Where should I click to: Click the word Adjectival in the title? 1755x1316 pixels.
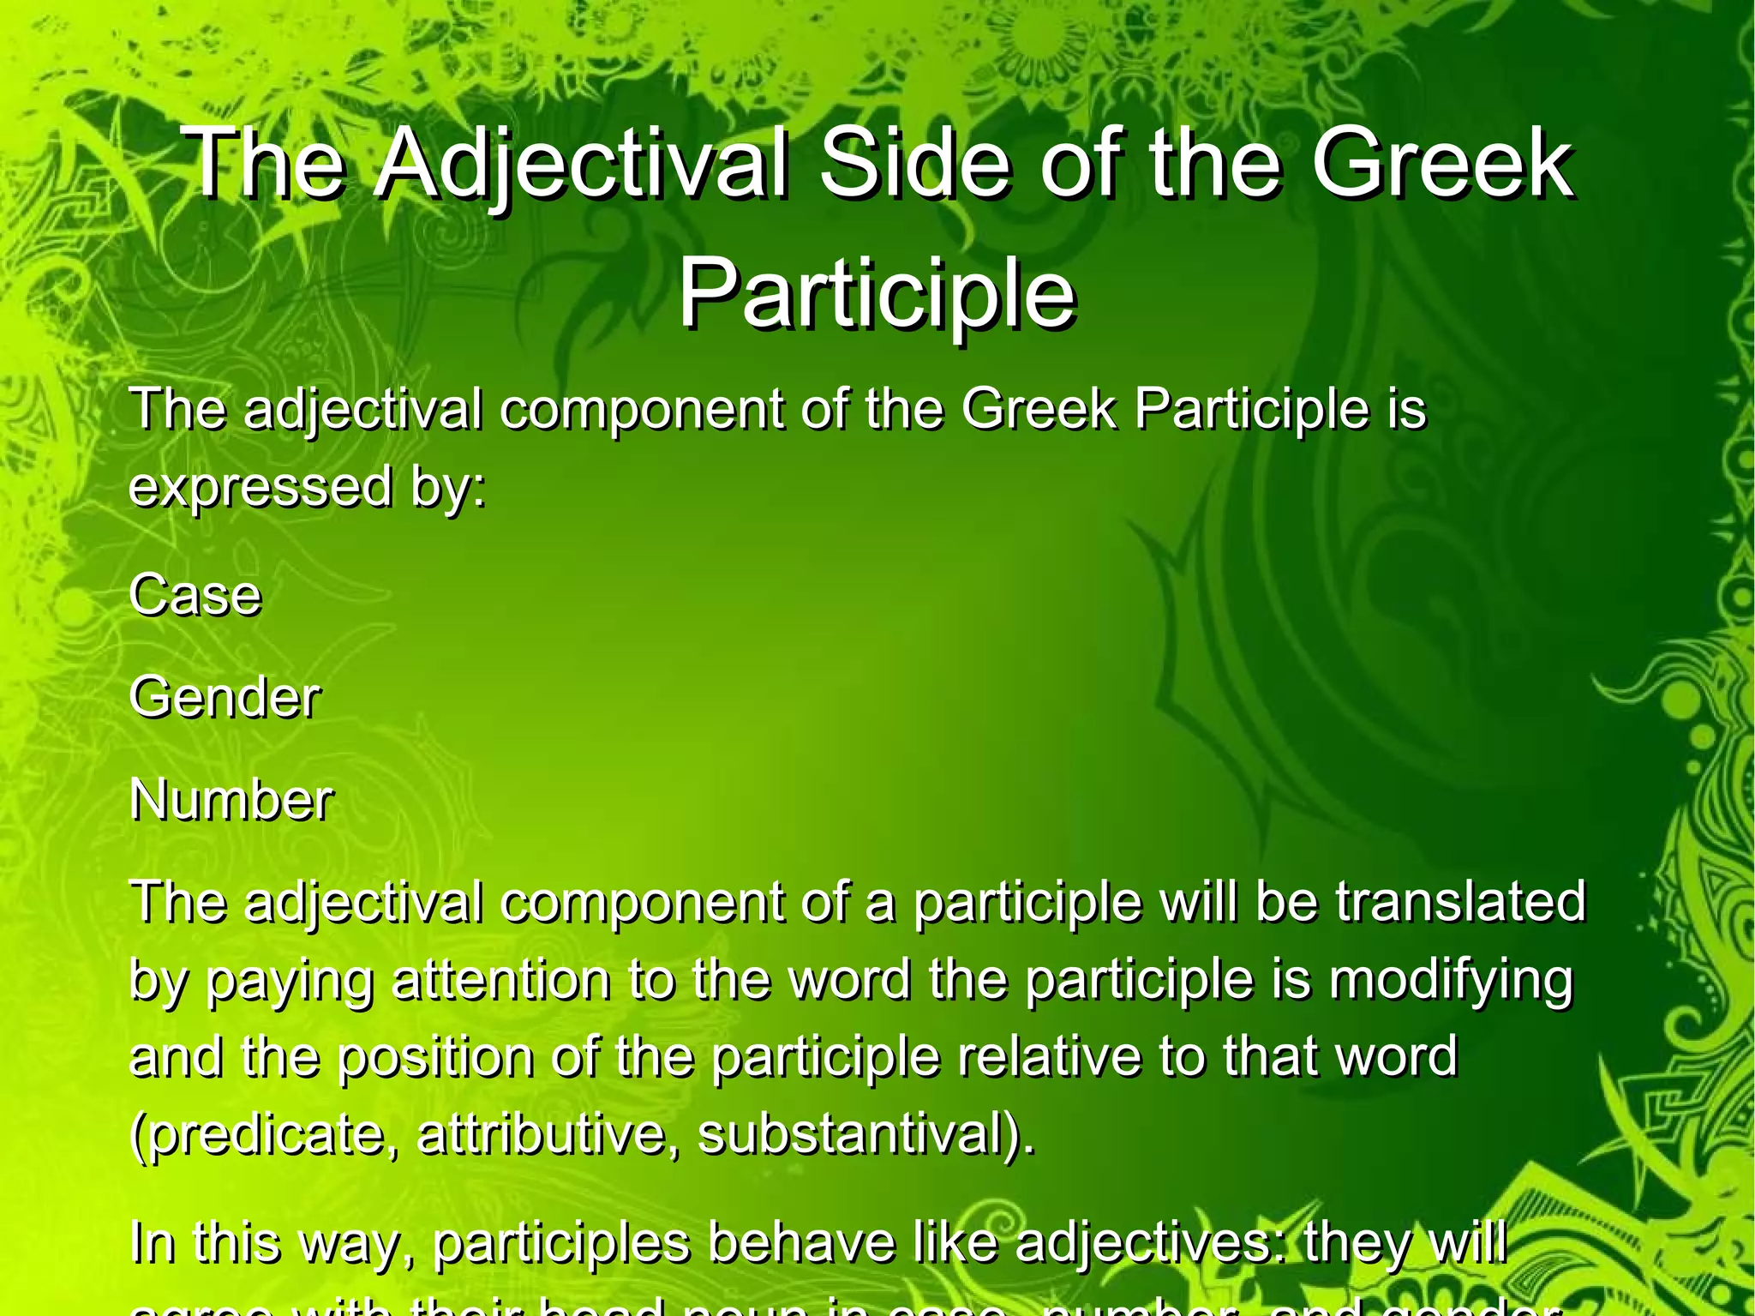582,163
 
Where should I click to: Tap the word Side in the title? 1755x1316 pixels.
913,163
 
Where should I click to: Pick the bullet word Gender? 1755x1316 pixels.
225,697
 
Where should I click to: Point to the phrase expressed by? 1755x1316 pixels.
307,487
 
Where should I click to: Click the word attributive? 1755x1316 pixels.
549,1134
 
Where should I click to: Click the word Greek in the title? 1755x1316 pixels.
1442,163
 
